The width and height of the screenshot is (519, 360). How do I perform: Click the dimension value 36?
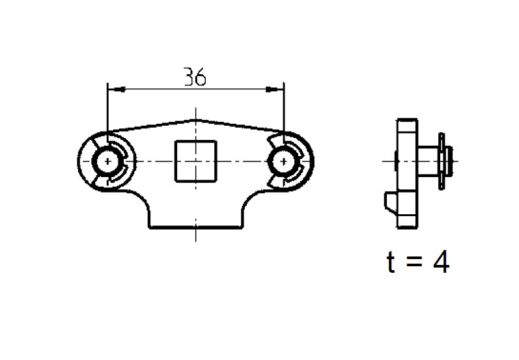point(195,77)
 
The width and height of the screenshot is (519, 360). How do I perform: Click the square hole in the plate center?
point(194,161)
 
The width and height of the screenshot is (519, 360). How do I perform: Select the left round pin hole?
point(105,161)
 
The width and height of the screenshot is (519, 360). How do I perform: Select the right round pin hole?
point(283,161)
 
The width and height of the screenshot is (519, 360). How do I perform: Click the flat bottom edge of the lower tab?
point(195,228)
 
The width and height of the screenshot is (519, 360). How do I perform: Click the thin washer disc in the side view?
point(442,161)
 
